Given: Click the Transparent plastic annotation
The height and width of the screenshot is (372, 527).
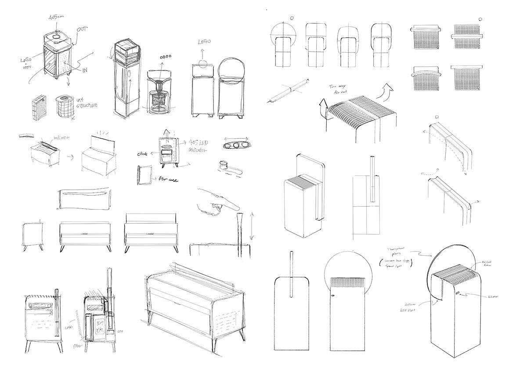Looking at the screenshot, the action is [x=397, y=251].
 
